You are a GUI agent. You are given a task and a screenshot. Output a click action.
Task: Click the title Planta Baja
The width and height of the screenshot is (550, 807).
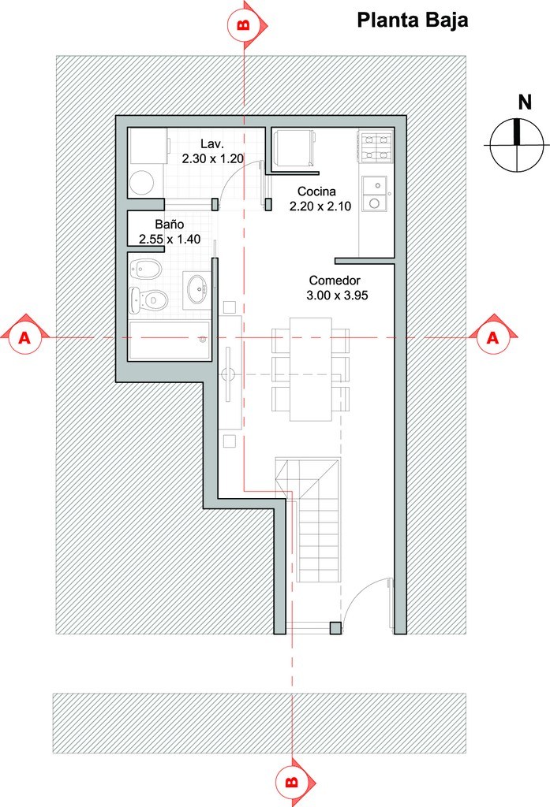pos(413,20)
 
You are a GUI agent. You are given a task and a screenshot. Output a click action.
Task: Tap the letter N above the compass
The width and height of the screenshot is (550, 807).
pos(525,102)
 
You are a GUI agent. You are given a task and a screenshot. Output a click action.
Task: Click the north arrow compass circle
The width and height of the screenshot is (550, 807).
pos(517,146)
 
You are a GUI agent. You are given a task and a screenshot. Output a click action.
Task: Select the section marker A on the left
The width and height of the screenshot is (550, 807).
pos(24,337)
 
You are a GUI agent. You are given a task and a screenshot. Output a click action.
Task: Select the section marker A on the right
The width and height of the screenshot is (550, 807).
pos(493,337)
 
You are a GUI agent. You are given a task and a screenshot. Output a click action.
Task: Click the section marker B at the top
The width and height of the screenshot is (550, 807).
pos(245,24)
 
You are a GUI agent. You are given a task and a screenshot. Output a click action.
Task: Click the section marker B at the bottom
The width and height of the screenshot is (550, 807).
pos(292,783)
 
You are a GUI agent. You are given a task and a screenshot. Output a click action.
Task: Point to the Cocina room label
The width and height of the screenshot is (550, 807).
pos(316,192)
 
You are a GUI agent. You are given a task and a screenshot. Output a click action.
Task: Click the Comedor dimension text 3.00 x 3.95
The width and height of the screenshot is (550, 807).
pos(337,296)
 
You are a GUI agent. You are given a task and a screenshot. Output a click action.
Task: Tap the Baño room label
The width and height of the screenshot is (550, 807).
pos(170,225)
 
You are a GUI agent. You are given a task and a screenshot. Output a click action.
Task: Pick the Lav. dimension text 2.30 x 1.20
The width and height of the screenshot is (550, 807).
pos(212,158)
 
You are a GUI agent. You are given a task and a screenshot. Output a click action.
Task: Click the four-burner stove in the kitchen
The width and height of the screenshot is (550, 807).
pos(376,147)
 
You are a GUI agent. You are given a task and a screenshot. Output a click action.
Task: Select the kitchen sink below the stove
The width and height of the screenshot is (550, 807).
pos(375,194)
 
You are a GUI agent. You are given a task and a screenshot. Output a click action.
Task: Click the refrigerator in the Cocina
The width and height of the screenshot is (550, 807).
pos(294,148)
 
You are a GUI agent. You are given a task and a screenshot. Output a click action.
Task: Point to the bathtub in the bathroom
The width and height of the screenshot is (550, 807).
pos(169,340)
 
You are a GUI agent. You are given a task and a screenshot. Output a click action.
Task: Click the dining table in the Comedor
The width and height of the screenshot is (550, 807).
pos(310,369)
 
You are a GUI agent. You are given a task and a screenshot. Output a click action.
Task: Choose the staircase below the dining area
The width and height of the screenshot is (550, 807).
pos(308,520)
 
